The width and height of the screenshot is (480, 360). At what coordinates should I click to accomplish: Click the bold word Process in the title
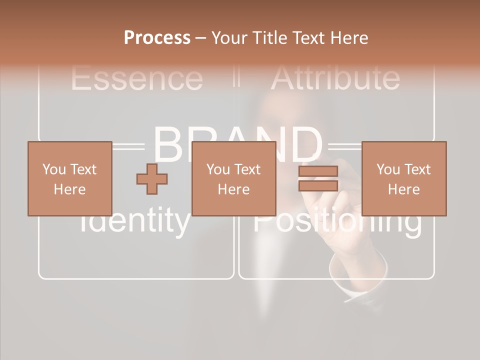157,38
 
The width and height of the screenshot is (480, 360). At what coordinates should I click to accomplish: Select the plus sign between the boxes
152,178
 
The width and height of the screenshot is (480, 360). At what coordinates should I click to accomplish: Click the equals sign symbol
318,178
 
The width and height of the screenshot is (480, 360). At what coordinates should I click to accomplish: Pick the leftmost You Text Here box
69,178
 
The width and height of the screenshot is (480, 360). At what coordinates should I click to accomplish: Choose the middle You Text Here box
233,178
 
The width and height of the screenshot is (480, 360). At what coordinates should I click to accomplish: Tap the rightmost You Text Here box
403,178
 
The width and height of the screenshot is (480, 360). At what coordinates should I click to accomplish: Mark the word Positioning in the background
337,222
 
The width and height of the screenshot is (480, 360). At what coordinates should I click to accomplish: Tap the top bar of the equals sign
318,171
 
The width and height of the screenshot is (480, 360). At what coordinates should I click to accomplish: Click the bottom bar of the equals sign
318,185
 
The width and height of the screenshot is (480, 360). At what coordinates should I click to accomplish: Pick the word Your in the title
229,38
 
